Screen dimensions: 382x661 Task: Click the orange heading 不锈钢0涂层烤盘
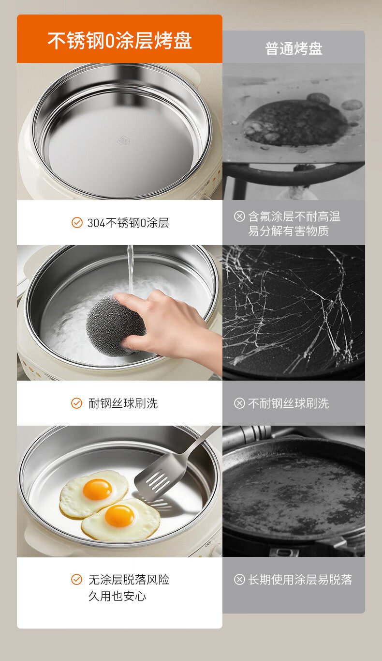coord(119,40)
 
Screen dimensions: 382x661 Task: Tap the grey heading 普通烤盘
coord(294,49)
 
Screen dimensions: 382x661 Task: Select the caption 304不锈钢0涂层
coord(128,223)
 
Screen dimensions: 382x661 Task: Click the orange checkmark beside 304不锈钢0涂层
coord(77,222)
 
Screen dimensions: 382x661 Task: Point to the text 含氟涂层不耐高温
coord(294,216)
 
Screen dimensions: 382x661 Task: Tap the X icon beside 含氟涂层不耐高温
coord(239,216)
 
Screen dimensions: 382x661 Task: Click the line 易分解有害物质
coord(288,231)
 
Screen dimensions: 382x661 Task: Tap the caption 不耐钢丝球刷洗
coord(288,403)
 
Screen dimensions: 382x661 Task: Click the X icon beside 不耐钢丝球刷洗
coord(239,403)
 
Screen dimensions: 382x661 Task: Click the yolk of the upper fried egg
coord(97,489)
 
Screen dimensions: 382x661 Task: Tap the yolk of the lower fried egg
coord(119,516)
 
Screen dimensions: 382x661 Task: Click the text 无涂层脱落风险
coord(129,580)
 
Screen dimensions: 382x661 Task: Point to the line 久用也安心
coord(117,596)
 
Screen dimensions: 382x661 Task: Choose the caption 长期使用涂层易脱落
coord(300,580)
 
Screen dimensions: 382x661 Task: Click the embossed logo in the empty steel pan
coord(123,141)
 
